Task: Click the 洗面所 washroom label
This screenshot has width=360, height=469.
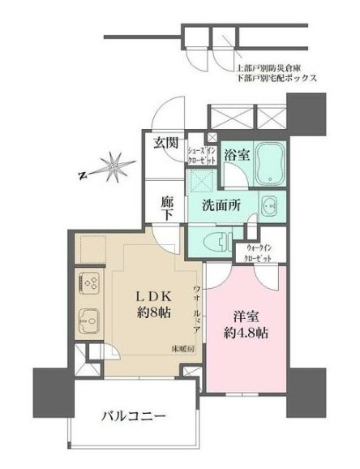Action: (217, 206)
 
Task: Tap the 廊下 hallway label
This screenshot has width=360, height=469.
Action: (166, 206)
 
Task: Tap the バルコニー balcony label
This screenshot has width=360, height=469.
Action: (135, 417)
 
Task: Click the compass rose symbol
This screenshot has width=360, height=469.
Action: (115, 167)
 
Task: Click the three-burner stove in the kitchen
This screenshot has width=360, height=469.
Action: (88, 285)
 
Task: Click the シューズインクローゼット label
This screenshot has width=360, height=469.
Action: (202, 154)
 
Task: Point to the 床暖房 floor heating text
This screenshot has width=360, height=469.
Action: (179, 350)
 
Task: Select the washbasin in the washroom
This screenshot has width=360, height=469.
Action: (269, 204)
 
